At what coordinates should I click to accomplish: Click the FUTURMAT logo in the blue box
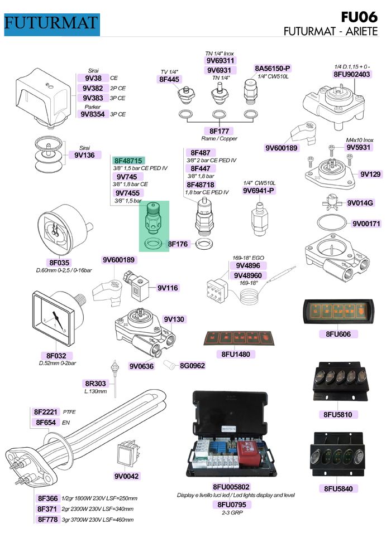point(51,23)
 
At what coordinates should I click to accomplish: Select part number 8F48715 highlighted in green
point(129,160)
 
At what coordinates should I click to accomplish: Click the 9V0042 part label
point(127,476)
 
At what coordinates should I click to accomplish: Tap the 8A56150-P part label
point(273,68)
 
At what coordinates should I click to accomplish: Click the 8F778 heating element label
point(47,519)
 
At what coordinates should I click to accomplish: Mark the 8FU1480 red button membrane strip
point(237,338)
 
